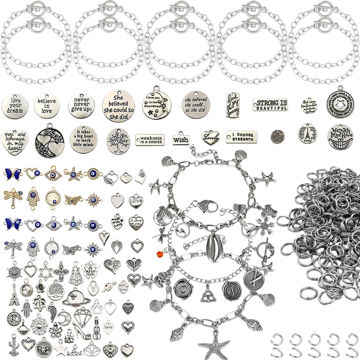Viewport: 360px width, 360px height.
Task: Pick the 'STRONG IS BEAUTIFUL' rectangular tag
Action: pos(270,105)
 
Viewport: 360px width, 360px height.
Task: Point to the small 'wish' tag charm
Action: pos(180,138)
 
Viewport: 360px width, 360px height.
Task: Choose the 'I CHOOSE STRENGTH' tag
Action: pos(241,136)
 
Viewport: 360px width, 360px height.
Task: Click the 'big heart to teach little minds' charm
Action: pos(83,138)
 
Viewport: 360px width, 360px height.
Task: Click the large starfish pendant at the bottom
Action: pos(214,345)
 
